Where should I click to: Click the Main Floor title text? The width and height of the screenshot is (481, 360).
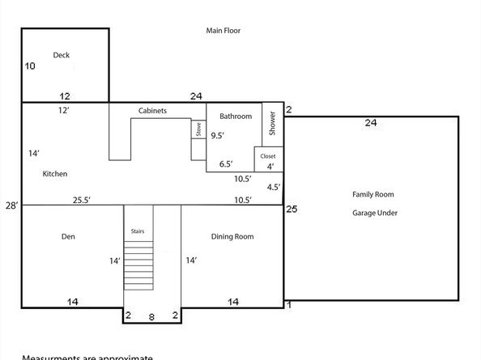pyautogui.click(x=223, y=31)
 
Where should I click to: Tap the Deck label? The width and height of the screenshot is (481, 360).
pyautogui.click(x=62, y=55)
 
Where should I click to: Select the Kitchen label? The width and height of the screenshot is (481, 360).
pyautogui.click(x=55, y=174)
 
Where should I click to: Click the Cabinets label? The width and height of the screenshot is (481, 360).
pyautogui.click(x=152, y=111)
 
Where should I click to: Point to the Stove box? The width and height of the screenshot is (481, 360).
pyautogui.click(x=198, y=129)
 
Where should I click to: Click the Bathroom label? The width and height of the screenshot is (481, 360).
pyautogui.click(x=236, y=116)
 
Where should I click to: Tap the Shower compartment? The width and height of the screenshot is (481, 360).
pyautogui.click(x=272, y=125)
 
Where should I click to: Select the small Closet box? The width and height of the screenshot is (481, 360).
pyautogui.click(x=268, y=156)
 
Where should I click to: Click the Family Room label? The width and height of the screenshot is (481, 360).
pyautogui.click(x=372, y=194)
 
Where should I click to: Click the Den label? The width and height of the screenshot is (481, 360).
pyautogui.click(x=68, y=237)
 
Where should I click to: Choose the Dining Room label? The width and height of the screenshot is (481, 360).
pyautogui.click(x=232, y=237)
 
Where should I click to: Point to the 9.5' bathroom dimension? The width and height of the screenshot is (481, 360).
pyautogui.click(x=218, y=136)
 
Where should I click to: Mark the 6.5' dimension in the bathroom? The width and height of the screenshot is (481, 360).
pyautogui.click(x=227, y=164)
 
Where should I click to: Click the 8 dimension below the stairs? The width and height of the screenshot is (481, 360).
pyautogui.click(x=151, y=317)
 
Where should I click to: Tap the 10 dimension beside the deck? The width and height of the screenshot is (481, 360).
pyautogui.click(x=30, y=66)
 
